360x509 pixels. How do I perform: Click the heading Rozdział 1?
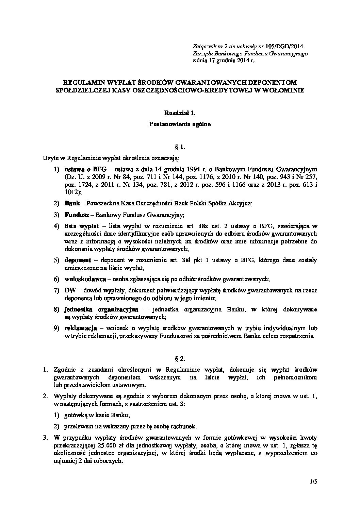pos(180,113)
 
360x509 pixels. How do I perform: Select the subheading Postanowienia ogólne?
pos(180,124)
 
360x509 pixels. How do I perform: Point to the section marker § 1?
pos(180,147)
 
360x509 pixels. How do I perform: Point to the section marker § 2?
pos(180,358)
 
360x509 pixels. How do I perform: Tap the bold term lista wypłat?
pos(81,226)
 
